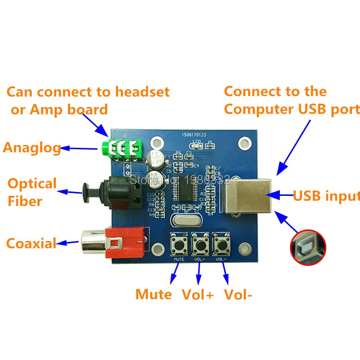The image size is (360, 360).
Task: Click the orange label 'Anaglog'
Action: pyautogui.click(x=32, y=147)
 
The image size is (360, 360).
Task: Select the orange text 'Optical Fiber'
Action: pyautogui.click(x=32, y=192)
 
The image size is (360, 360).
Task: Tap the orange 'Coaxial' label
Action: pyautogui.click(x=31, y=243)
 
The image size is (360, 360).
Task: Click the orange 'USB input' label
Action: pyautogui.click(x=326, y=196)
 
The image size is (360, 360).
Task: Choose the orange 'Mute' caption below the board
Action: pyautogui.click(x=153, y=294)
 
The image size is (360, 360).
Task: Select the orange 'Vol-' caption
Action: pyautogui.click(x=238, y=294)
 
